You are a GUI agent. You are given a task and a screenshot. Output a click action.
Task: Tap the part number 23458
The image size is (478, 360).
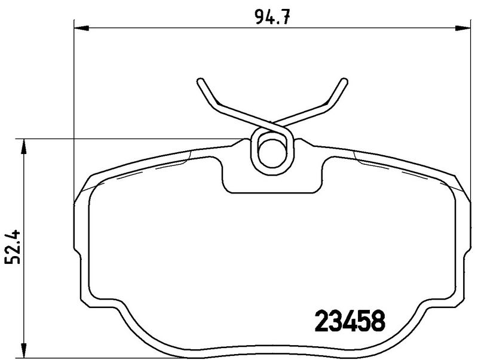349,323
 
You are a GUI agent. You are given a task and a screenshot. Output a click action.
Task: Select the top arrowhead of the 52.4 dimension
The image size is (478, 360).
23,144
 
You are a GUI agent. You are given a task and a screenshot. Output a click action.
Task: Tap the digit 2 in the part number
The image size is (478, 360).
321,323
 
